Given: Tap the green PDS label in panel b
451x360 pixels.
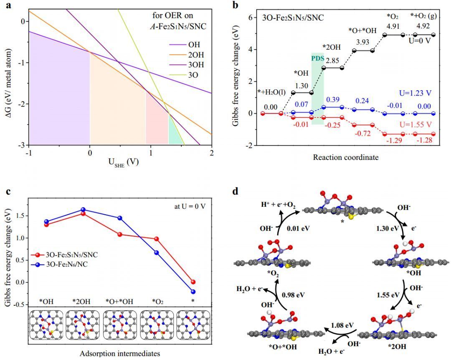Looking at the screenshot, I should click(317, 58).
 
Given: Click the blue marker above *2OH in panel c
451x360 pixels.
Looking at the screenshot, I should click(83, 210).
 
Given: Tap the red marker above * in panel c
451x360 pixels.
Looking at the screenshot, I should click(193, 282).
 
